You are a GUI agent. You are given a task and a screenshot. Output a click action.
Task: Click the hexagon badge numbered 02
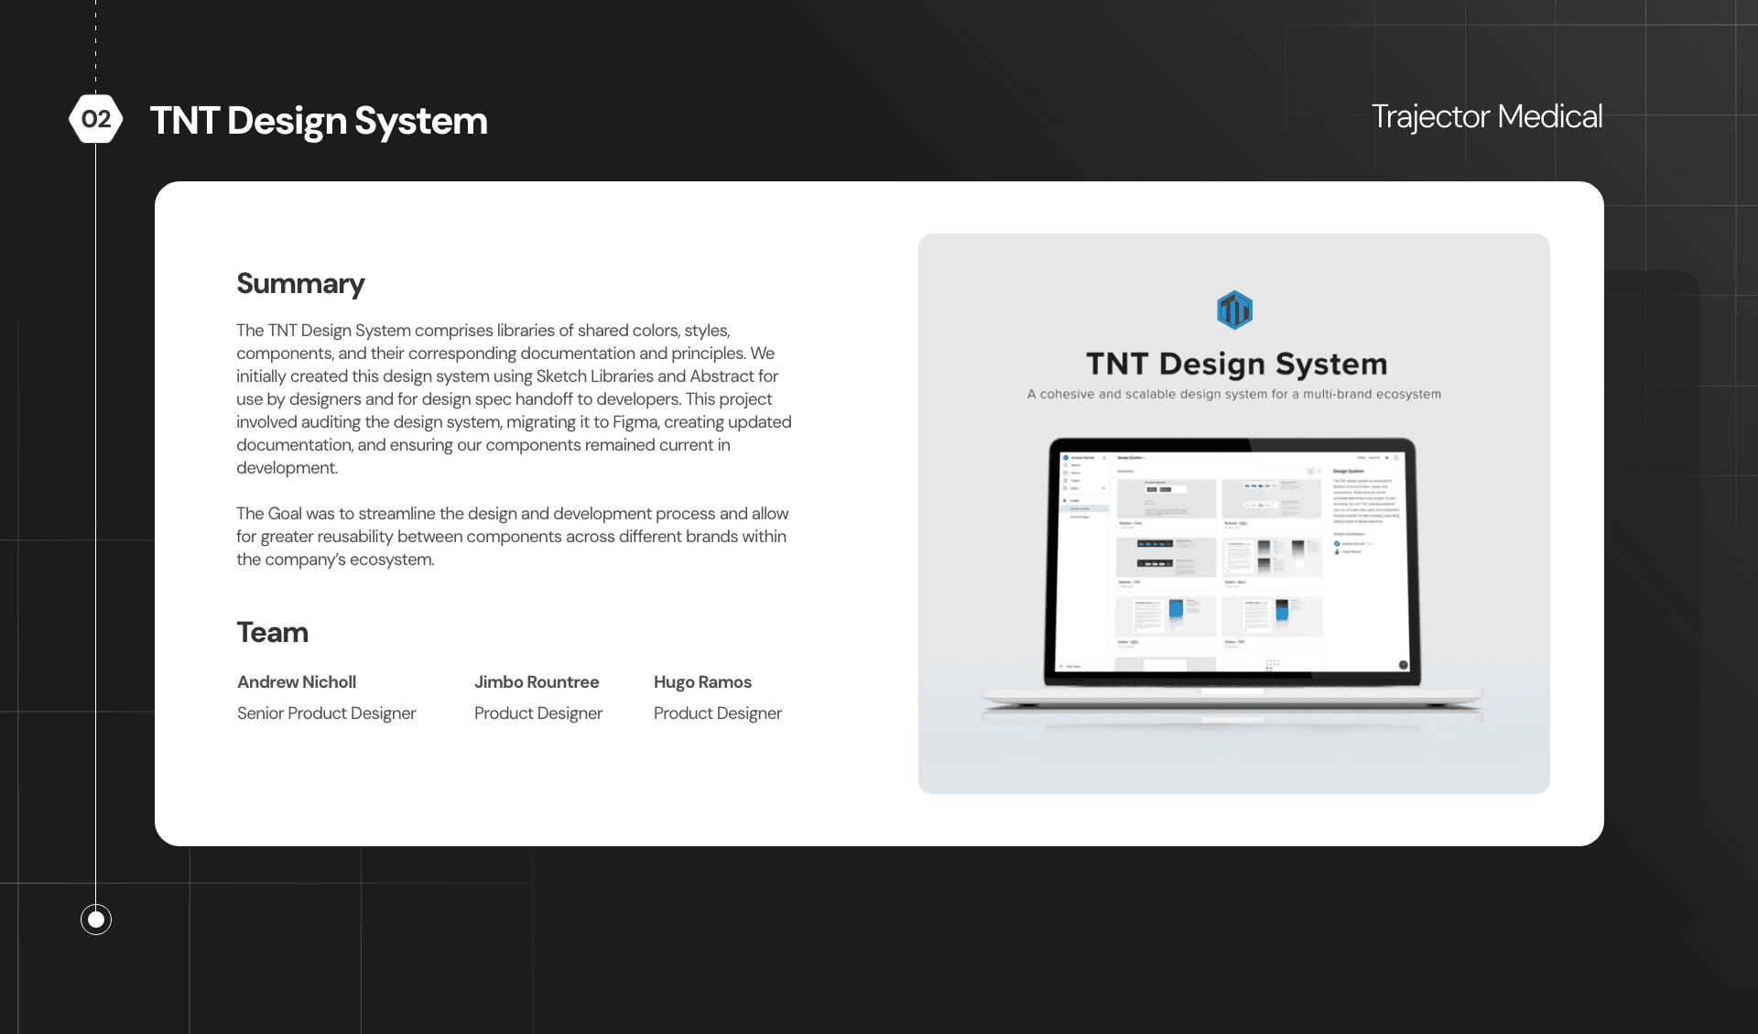click(96, 119)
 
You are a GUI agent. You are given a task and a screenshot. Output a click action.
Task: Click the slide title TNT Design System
click(319, 121)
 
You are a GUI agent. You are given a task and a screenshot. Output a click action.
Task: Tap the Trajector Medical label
click(1486, 116)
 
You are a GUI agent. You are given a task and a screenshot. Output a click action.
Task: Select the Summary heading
click(300, 284)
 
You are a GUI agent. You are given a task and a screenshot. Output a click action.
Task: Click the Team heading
click(272, 633)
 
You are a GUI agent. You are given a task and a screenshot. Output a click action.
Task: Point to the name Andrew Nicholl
click(297, 682)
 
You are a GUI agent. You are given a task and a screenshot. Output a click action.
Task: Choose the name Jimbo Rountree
click(537, 682)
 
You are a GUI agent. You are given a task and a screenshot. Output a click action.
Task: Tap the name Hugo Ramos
click(702, 682)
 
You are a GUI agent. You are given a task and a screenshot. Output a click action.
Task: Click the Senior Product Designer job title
click(326, 713)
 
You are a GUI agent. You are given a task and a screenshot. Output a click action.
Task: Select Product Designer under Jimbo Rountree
click(538, 713)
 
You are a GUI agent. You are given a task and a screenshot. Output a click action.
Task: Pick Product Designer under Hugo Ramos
click(718, 713)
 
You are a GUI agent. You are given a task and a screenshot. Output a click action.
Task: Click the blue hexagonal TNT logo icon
click(1234, 310)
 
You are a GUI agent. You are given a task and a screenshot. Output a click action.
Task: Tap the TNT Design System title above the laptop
click(1236, 365)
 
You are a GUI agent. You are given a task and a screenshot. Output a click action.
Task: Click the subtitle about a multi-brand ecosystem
click(1234, 395)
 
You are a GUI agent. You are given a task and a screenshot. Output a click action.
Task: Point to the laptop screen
click(1232, 561)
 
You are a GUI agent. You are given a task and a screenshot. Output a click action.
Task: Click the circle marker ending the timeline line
click(96, 920)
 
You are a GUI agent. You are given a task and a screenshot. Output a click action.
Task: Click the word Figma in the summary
click(635, 422)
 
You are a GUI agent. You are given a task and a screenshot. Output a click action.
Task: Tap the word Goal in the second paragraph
click(286, 514)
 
